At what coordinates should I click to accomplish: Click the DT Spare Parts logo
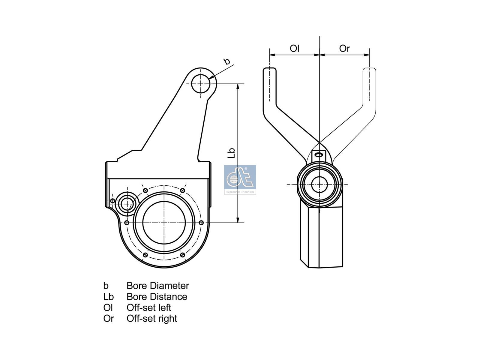point(240,179)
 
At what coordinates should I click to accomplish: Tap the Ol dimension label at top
point(294,48)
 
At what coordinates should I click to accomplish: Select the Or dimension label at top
point(344,48)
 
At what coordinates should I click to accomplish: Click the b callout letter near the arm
point(227,61)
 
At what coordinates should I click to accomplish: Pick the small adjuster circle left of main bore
point(127,204)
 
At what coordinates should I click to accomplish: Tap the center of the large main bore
point(164,222)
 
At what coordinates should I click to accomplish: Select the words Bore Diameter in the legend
point(158,286)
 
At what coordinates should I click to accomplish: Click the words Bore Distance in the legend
point(157,297)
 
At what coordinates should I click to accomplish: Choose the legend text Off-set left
point(149,307)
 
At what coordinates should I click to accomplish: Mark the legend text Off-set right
point(152,318)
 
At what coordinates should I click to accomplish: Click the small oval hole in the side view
point(319,154)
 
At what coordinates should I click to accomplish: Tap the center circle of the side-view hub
point(319,184)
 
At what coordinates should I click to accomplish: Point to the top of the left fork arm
point(270,71)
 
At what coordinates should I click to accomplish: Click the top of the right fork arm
point(370,71)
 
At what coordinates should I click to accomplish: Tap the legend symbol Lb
point(108,297)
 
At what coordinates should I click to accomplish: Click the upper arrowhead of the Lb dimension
point(238,86)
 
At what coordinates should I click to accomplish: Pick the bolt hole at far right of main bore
point(201,223)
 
